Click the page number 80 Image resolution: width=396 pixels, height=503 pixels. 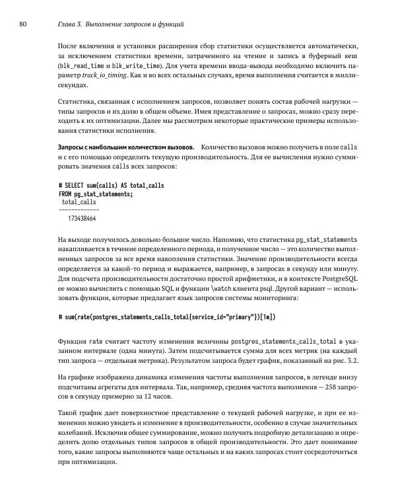click(x=22, y=24)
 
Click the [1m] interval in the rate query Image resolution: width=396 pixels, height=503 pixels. click(x=267, y=317)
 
